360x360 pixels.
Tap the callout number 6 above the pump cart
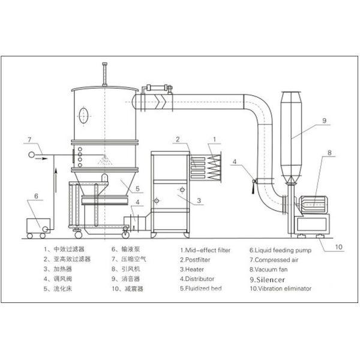point(35,196)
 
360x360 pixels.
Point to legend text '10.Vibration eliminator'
point(280,289)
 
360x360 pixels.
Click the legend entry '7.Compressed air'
point(274,260)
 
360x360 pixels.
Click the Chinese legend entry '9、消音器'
point(126,279)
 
